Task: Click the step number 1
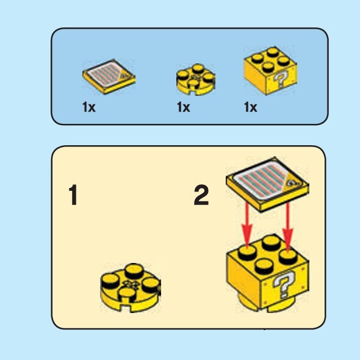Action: (73, 195)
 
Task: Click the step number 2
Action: (201, 195)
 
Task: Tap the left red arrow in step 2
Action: (247, 225)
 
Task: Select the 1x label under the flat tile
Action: (89, 107)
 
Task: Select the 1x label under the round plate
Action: (184, 107)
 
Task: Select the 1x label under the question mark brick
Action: (251, 107)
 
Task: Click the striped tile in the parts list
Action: (109, 76)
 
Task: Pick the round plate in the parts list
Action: (196, 79)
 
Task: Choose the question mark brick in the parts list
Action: (270, 71)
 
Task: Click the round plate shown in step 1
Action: (131, 287)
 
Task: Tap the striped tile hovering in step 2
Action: (267, 184)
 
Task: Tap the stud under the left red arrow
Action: (247, 252)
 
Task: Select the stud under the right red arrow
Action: (289, 257)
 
